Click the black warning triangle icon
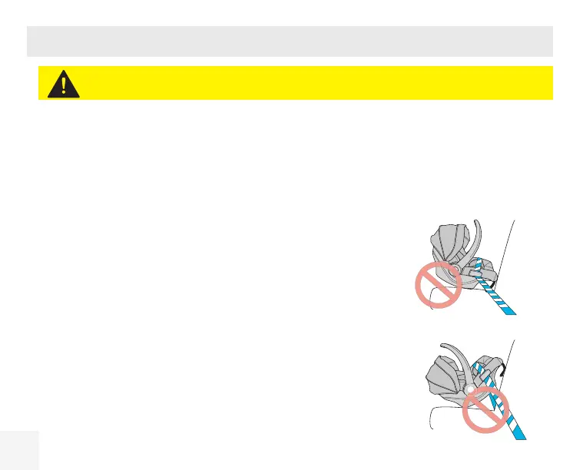click(x=63, y=83)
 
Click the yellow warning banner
click(x=307, y=83)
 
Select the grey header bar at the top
click(x=290, y=41)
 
